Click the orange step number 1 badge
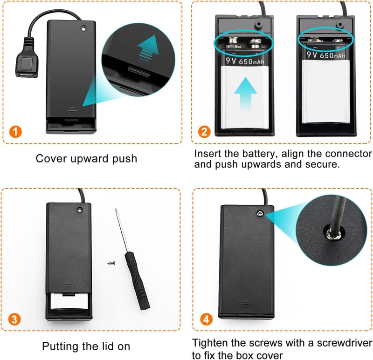[x=15, y=132]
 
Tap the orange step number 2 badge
[x=204, y=132]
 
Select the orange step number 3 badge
[x=14, y=319]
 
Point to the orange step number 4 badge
[x=206, y=319]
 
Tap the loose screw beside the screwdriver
[x=111, y=263]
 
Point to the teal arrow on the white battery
[x=246, y=94]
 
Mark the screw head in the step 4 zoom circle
[x=333, y=233]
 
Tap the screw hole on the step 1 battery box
[x=83, y=29]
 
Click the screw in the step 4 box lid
[x=260, y=214]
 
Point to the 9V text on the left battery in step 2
[x=231, y=61]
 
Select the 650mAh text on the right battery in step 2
[x=332, y=56]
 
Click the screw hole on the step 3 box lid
[x=80, y=210]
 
